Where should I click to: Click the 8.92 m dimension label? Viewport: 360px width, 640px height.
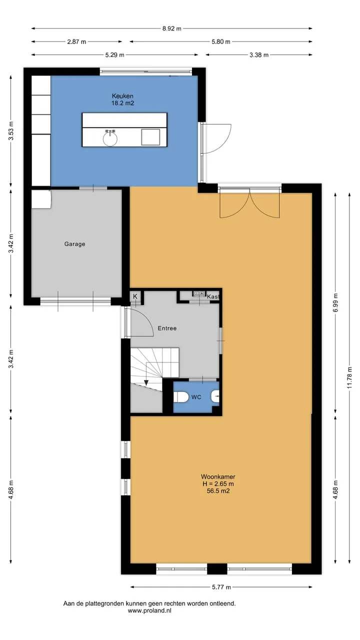click(171, 28)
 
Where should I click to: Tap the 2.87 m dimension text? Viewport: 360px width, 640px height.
click(76, 41)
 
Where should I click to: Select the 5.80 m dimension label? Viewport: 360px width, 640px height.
click(221, 41)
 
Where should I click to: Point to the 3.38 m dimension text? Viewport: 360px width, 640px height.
click(259, 55)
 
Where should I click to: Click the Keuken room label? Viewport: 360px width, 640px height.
click(122, 96)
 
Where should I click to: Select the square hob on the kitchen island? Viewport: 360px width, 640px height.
click(150, 137)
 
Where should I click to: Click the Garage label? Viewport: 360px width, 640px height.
click(74, 244)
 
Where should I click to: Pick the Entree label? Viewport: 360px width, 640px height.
click(167, 328)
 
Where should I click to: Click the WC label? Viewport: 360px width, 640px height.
click(196, 397)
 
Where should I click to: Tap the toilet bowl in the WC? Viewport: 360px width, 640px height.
click(181, 397)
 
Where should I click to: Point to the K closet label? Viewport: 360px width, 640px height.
click(135, 296)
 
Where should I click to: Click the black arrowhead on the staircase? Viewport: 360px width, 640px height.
click(146, 382)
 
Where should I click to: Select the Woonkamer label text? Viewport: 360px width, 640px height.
click(218, 476)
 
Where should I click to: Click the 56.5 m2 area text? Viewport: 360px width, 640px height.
click(218, 491)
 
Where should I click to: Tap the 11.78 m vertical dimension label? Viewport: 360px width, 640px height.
click(349, 377)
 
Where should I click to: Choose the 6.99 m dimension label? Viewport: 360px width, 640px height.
click(335, 302)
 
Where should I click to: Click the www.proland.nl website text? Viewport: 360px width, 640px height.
click(149, 611)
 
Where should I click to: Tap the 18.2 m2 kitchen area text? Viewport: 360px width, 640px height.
click(122, 103)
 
